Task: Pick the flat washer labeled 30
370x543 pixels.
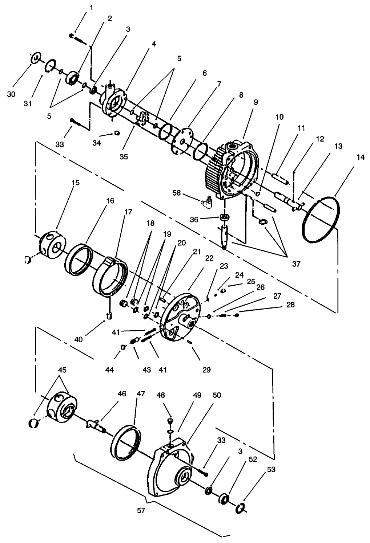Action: click(35, 57)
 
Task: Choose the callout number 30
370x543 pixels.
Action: click(11, 94)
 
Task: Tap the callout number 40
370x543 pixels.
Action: click(78, 339)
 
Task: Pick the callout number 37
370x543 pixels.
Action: click(296, 264)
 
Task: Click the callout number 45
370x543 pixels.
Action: click(62, 370)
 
